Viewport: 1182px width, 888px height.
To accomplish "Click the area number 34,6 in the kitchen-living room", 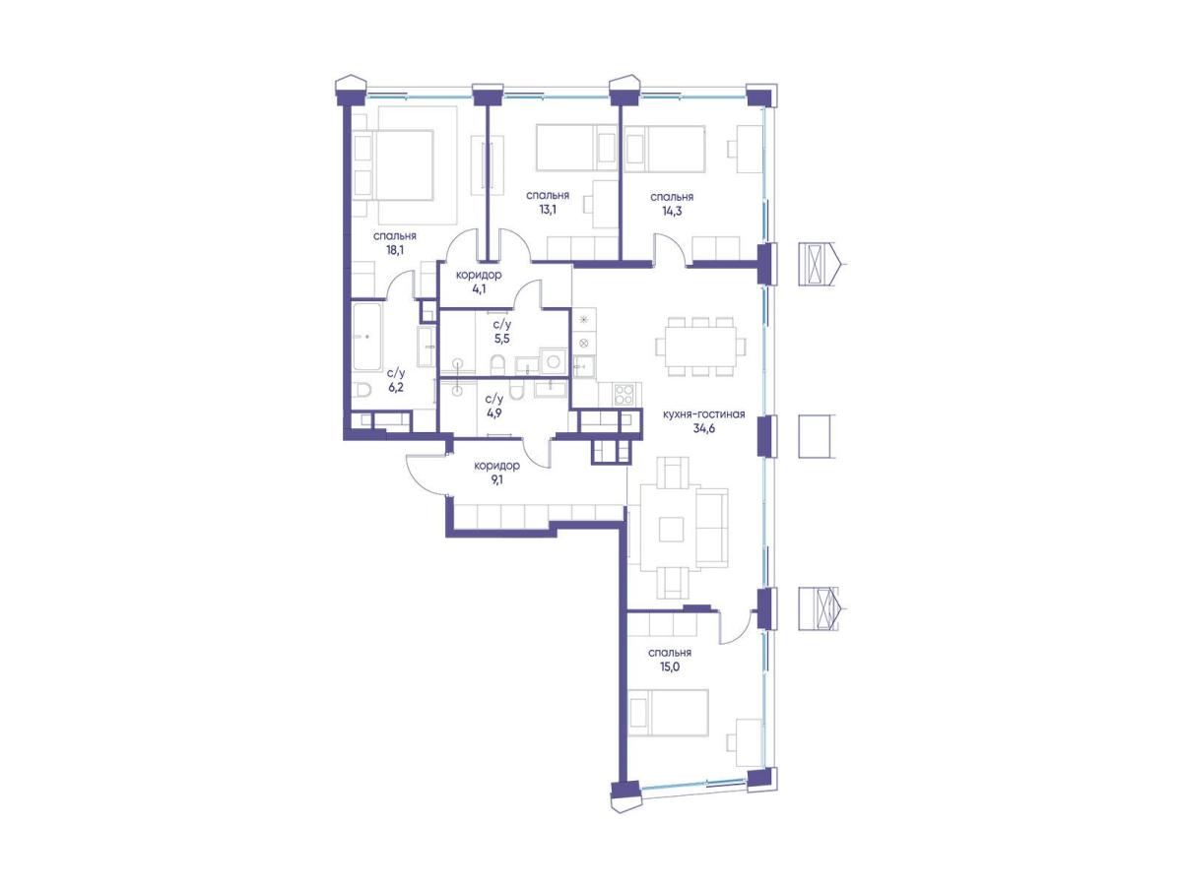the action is coord(704,428).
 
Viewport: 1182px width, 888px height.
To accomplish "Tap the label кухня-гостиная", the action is coord(704,413).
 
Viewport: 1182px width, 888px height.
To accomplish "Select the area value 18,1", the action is coord(395,250).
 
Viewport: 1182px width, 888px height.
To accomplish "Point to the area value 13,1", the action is coord(547,210).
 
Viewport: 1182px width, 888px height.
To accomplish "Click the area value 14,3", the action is coord(672,211).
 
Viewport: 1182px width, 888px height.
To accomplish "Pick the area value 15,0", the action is coord(670,667).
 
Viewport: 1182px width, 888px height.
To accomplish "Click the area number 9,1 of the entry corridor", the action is coord(496,480).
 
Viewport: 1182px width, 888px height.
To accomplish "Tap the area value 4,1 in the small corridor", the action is coord(479,289).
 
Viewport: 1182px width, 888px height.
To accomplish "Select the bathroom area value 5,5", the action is coord(502,339).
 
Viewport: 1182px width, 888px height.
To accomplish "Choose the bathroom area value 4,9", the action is coord(493,413).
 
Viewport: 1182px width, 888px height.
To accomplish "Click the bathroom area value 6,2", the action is coord(396,387).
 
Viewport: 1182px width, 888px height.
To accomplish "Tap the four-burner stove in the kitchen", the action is coord(624,394).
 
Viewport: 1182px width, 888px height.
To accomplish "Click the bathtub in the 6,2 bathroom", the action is coord(367,337).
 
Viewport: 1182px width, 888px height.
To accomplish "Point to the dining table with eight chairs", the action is coord(701,347).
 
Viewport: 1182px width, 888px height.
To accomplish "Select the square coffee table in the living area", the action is coord(672,529).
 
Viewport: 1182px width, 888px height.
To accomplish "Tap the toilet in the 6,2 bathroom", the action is coord(363,390).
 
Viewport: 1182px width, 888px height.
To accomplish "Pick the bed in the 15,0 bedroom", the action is coord(668,712).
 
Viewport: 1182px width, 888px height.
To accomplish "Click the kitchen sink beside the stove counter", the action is coord(584,367).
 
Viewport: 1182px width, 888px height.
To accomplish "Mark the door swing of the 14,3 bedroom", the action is coord(670,248).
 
